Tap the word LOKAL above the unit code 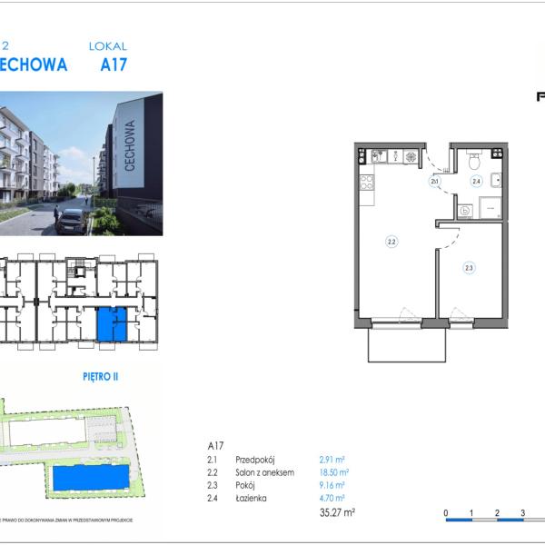tap(107, 45)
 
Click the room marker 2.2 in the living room tap(391, 243)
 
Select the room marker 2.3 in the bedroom tap(469, 268)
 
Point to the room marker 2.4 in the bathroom tap(475, 181)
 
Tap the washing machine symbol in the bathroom tap(465, 211)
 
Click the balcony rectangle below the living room tap(406, 345)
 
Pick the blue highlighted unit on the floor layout tap(112, 324)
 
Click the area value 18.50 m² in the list tap(334, 473)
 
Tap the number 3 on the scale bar tap(523, 513)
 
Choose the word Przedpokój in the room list tap(254, 461)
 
